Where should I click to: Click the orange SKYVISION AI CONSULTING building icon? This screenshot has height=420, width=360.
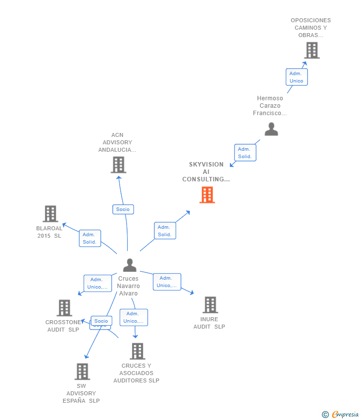pyautogui.click(x=207, y=195)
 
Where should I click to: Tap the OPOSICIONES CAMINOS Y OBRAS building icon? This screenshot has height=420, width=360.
pyautogui.click(x=312, y=50)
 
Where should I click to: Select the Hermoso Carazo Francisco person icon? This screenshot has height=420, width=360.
pyautogui.click(x=271, y=129)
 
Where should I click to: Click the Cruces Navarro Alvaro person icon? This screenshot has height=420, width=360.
pyautogui.click(x=130, y=265)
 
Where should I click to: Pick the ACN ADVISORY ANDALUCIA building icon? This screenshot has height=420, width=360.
pyautogui.click(x=118, y=165)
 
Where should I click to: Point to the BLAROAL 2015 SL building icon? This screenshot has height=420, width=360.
pyautogui.click(x=50, y=214)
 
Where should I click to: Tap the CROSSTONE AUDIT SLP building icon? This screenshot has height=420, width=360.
pyautogui.click(x=64, y=308)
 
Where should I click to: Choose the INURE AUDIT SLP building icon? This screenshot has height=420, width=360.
pyautogui.click(x=210, y=305)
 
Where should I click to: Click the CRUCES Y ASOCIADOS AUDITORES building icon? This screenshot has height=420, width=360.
pyautogui.click(x=137, y=351)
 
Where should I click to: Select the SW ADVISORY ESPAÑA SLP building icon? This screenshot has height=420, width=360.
pyautogui.click(x=82, y=372)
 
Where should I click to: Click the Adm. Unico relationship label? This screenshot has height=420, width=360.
pyautogui.click(x=296, y=77)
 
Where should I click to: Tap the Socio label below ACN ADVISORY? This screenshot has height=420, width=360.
pyautogui.click(x=123, y=210)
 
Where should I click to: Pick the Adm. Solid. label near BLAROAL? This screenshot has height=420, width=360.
pyautogui.click(x=90, y=238)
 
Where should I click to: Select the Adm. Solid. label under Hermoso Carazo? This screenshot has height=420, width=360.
pyautogui.click(x=245, y=153)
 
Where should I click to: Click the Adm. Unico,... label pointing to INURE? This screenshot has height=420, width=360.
pyautogui.click(x=167, y=282)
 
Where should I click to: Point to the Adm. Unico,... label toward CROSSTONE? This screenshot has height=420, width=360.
pyautogui.click(x=97, y=283)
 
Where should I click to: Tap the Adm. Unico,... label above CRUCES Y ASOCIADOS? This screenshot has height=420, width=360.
pyautogui.click(x=134, y=317)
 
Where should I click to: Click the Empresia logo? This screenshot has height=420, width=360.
pyautogui.click(x=342, y=415)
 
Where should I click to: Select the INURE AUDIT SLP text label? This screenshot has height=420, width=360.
pyautogui.click(x=209, y=323)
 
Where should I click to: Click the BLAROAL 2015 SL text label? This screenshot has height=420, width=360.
pyautogui.click(x=49, y=232)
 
